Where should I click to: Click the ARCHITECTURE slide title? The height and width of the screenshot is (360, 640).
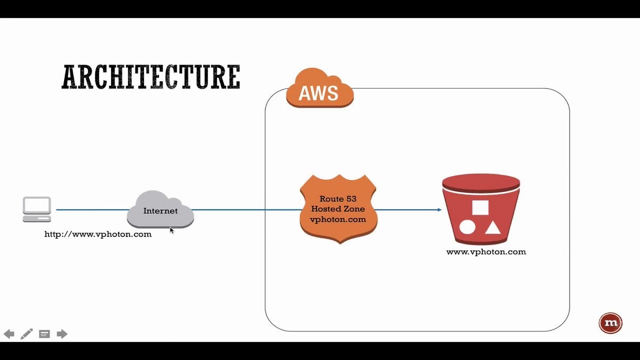tap(151, 77)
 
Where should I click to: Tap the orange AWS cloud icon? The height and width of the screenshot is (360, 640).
tap(319, 88)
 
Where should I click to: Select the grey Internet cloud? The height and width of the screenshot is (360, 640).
tap(161, 210)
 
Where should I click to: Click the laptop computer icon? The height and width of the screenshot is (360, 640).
tap(37, 210)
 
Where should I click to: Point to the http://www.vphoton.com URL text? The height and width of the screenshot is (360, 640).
tap(98, 234)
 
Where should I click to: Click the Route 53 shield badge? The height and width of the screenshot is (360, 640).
tap(338, 209)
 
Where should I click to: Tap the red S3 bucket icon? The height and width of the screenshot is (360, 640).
tap(481, 209)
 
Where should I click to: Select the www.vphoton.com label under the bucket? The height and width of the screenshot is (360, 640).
tap(486, 252)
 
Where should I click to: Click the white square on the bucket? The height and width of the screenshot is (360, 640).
tap(481, 207)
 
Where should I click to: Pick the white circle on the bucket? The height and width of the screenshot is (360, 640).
tap(467, 227)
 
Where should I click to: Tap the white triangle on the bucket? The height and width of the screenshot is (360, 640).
tap(493, 228)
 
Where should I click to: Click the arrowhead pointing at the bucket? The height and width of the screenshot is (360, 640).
tap(439, 210)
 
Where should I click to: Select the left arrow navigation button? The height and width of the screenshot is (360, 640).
tap(9, 334)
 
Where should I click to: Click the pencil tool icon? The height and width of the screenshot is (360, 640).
tap(27, 334)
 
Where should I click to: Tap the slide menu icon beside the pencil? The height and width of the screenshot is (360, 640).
tap(44, 334)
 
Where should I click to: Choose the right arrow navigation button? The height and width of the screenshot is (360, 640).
tap(62, 334)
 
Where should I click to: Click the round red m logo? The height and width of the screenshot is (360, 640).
tap(611, 323)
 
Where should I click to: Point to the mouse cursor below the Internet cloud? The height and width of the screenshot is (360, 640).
tap(171, 230)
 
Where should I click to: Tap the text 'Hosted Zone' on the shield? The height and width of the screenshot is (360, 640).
tap(338, 209)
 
